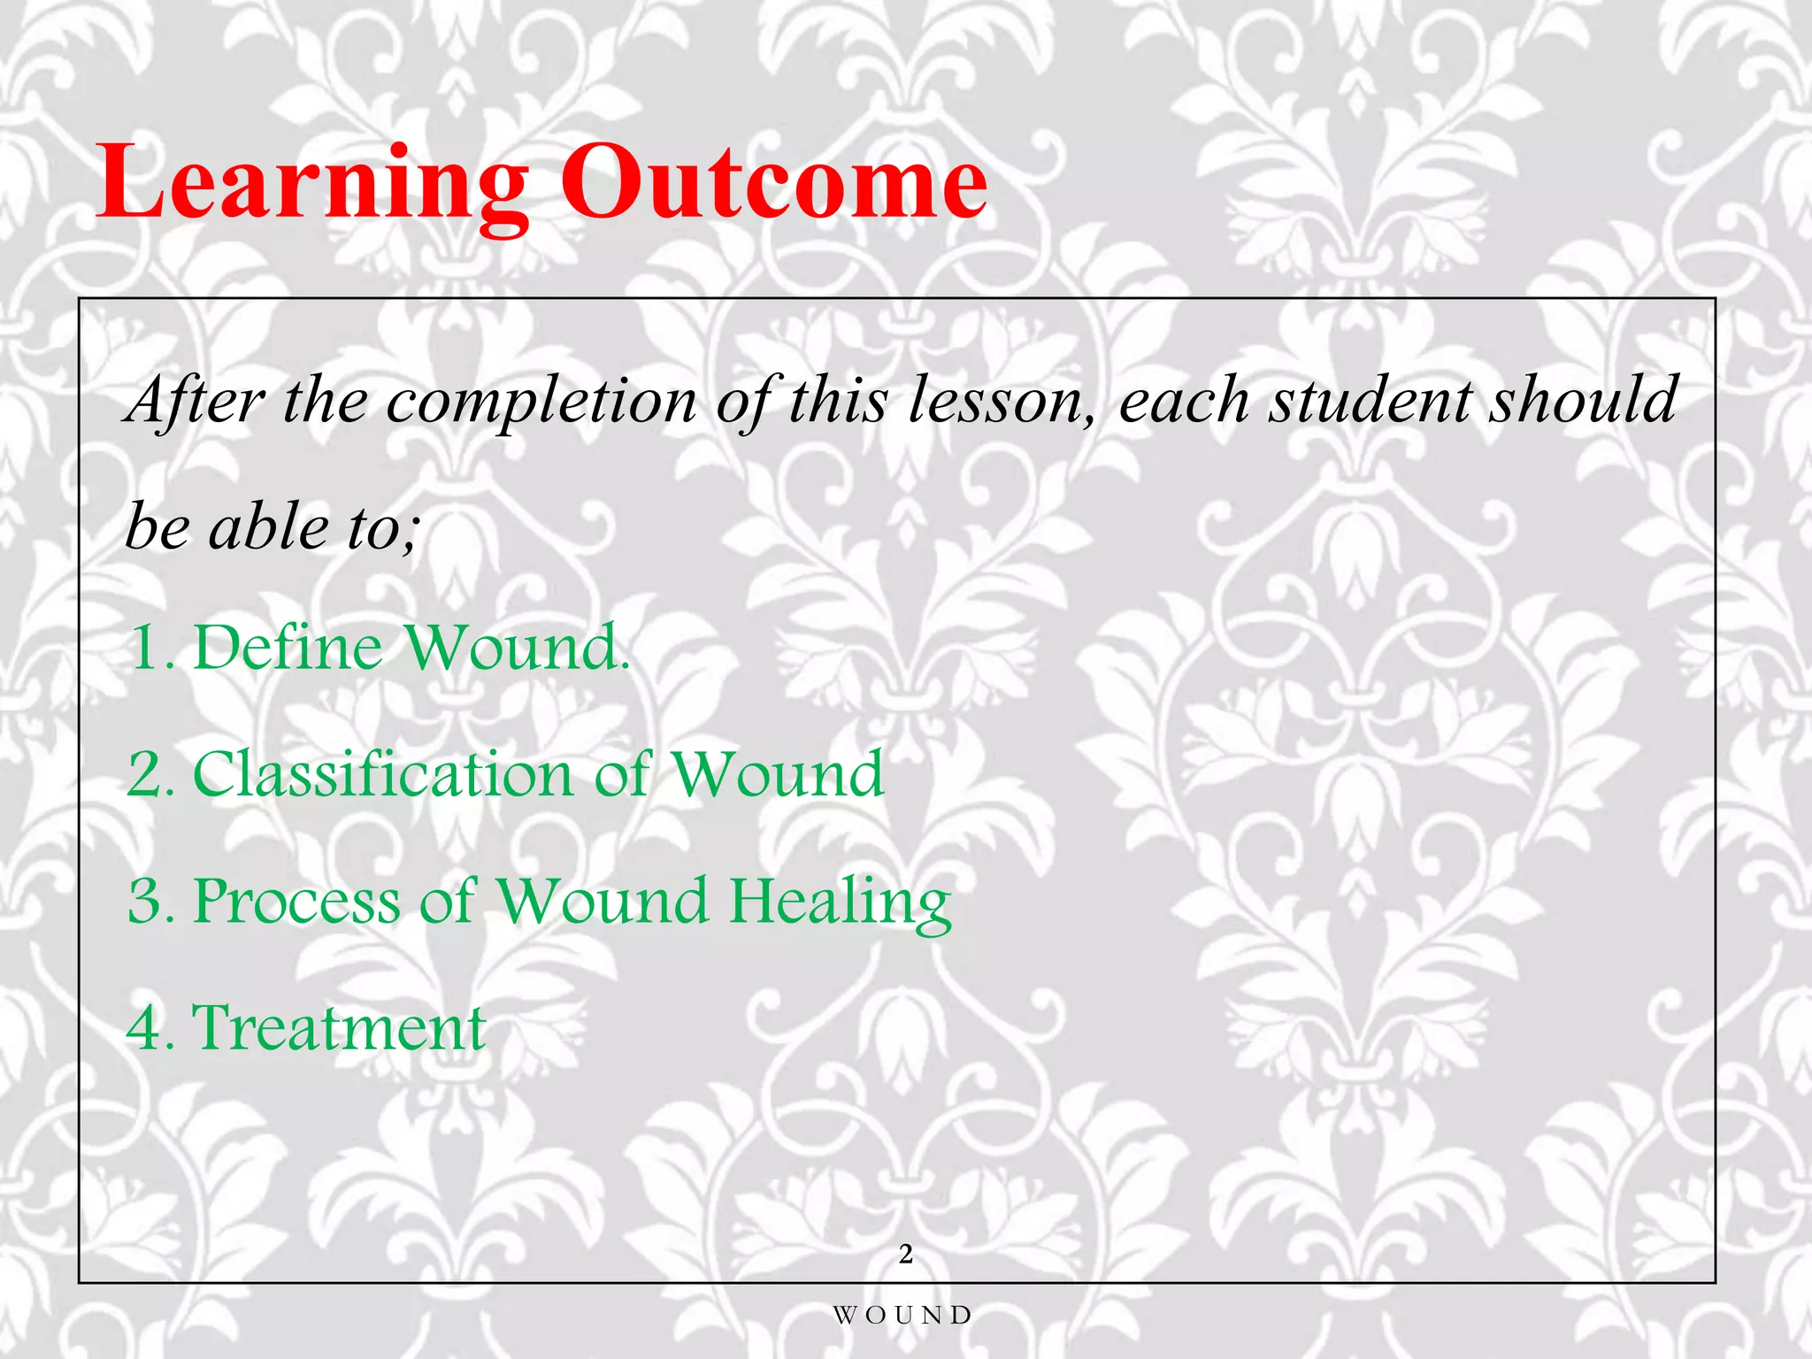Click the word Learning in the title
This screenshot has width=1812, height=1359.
(x=314, y=184)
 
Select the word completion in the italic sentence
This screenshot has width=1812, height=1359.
(x=541, y=401)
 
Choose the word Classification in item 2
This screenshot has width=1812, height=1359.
(x=382, y=773)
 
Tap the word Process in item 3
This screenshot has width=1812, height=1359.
(x=296, y=902)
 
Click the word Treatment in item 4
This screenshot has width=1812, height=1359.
(x=338, y=1027)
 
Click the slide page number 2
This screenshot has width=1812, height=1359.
(x=905, y=1254)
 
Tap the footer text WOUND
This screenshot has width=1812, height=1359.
(x=902, y=1315)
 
